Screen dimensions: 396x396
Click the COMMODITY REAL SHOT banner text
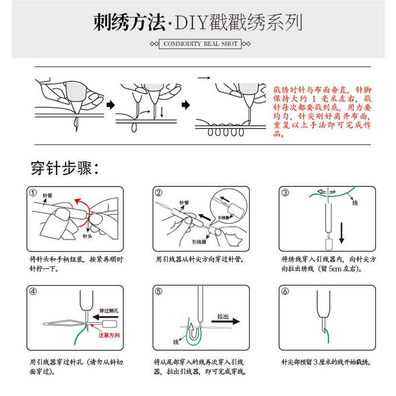click(200, 44)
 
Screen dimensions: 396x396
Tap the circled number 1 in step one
click(33, 193)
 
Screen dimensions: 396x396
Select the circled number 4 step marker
click(33, 292)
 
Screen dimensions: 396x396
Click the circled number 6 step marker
click(285, 292)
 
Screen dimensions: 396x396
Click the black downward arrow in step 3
click(342, 233)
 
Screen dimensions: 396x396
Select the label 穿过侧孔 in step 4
click(109, 311)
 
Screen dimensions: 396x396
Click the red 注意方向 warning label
click(109, 335)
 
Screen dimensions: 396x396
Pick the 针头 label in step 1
click(88, 237)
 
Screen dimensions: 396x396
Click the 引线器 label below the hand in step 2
click(199, 242)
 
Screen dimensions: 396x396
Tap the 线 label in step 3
click(355, 203)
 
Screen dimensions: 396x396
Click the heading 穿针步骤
click(65, 168)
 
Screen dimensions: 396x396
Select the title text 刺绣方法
click(129, 22)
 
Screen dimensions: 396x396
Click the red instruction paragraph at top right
click(322, 111)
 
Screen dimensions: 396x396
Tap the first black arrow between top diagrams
click(110, 105)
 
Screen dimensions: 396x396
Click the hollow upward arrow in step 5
click(194, 331)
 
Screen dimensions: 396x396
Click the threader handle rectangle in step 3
click(328, 244)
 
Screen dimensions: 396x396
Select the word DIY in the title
click(191, 23)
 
